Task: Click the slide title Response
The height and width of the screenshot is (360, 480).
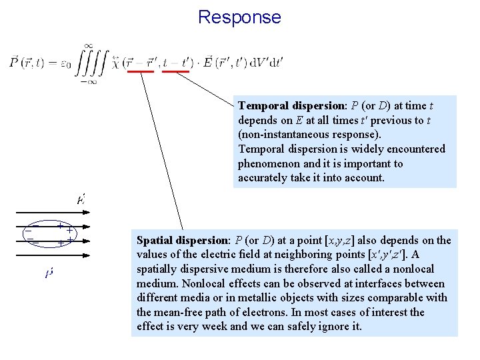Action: pyautogui.click(x=239, y=17)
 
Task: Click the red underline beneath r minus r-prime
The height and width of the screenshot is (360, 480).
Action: pyautogui.click(x=141, y=71)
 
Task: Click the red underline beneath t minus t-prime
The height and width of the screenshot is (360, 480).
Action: pyautogui.click(x=175, y=71)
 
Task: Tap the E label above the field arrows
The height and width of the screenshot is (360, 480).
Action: pyautogui.click(x=81, y=199)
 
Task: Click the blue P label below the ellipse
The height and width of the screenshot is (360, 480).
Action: pyautogui.click(x=49, y=274)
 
